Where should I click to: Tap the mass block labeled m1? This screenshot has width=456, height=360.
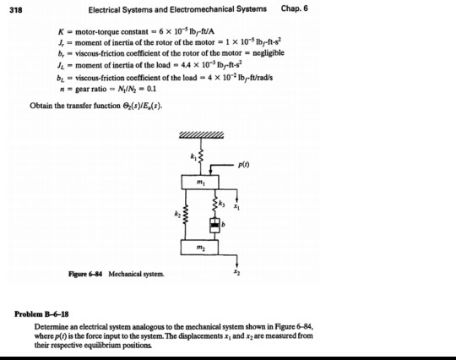click(201, 184)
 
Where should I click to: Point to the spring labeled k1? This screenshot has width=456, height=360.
click(201, 158)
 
